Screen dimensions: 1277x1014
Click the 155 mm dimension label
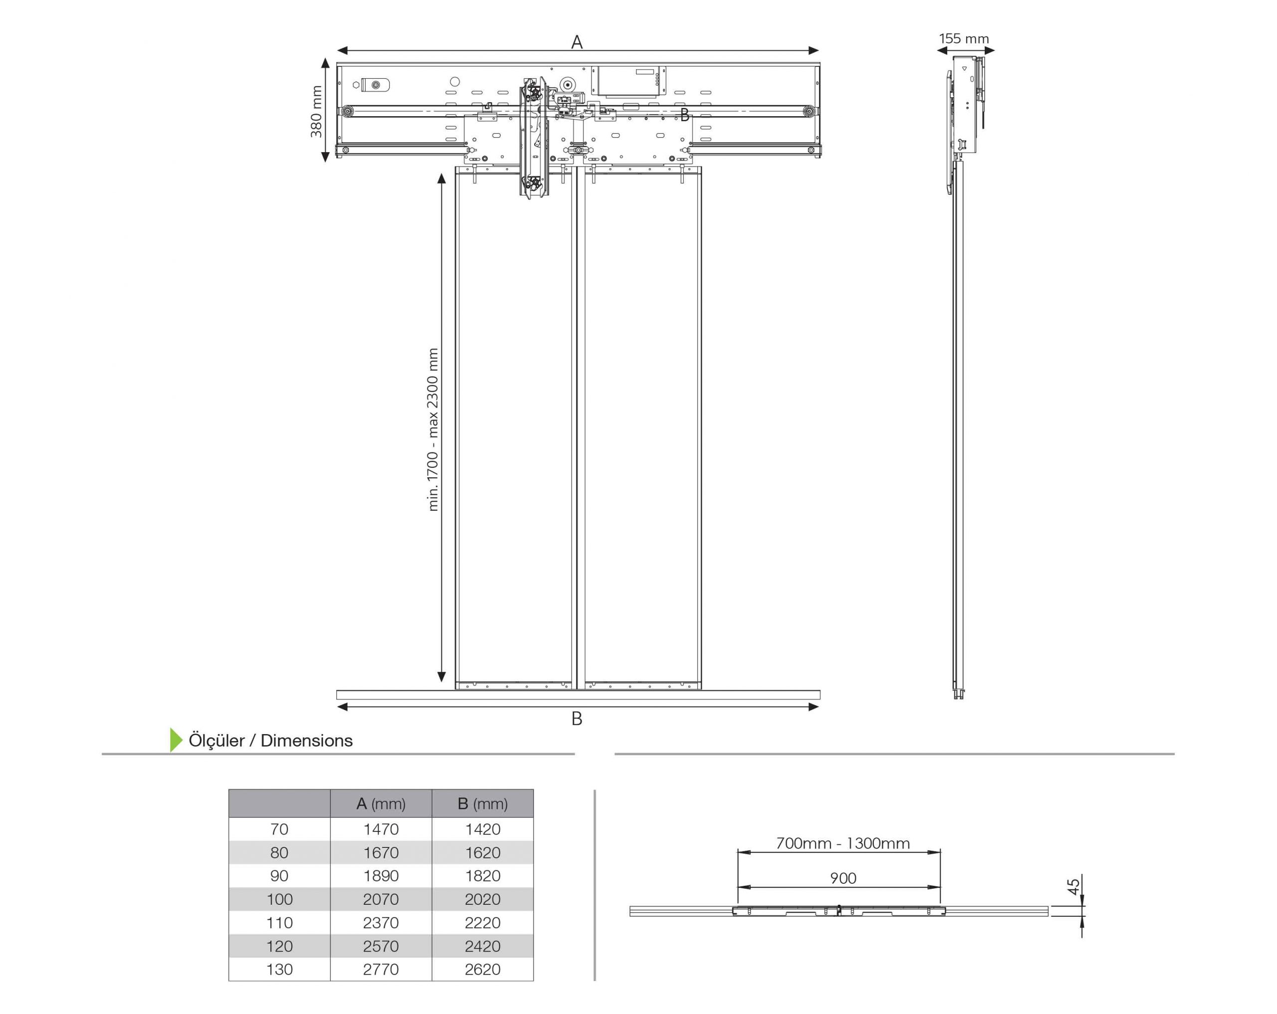(x=964, y=39)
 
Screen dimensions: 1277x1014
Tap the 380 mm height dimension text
(x=316, y=111)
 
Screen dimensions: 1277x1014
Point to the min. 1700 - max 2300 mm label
(x=433, y=429)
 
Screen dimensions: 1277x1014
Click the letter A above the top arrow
(x=577, y=42)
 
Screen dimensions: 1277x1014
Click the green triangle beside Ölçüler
(x=176, y=740)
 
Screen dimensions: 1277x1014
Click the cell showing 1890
(x=381, y=876)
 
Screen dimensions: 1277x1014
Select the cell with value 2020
(x=483, y=899)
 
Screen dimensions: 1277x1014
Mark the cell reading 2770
(x=381, y=970)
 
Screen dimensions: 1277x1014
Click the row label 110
(x=279, y=923)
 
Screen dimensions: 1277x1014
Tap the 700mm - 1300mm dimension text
(x=843, y=843)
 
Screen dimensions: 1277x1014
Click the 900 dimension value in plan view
(x=843, y=878)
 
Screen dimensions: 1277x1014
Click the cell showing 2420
(x=483, y=947)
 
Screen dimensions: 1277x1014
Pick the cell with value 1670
(x=381, y=853)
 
